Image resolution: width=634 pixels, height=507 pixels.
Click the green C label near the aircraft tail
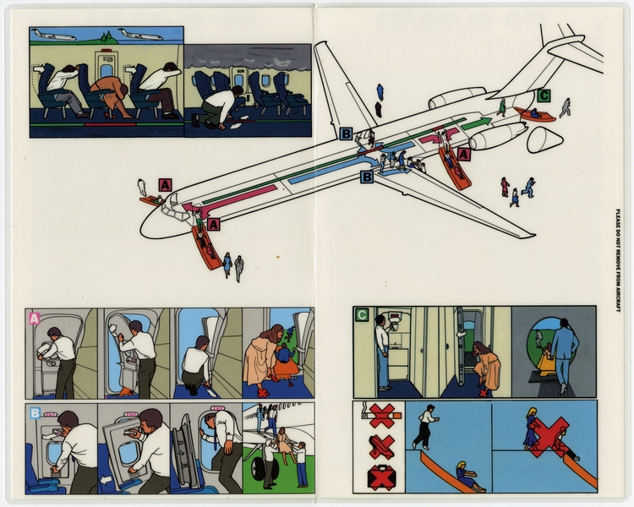[544, 95]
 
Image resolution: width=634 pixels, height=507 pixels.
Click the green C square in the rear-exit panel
[362, 315]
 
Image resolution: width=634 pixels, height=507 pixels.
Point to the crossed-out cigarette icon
[380, 416]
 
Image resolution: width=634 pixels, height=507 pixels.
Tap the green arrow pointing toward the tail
[477, 123]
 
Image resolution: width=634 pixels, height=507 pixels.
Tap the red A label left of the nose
[165, 185]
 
